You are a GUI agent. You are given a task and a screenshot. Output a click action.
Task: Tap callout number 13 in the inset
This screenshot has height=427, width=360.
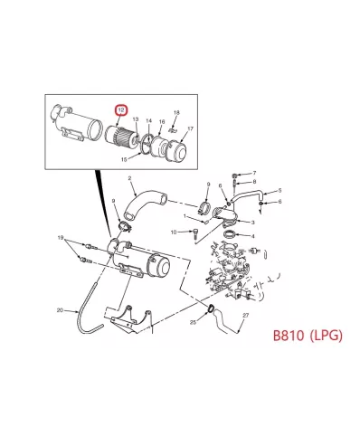(135, 119)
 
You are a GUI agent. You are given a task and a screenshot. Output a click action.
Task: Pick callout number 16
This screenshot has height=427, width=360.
(161, 120)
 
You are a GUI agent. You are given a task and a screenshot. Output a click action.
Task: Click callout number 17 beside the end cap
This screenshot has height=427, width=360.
(191, 129)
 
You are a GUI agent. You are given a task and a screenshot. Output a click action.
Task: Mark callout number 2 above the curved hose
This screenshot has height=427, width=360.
(131, 178)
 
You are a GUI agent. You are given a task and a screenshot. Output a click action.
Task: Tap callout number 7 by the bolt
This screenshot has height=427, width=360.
(254, 172)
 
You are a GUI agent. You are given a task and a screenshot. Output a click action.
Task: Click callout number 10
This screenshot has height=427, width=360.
(174, 232)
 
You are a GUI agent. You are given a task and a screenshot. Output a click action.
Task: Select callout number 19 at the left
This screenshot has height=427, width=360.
(61, 239)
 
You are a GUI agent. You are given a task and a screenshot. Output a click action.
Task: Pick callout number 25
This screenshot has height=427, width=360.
(194, 322)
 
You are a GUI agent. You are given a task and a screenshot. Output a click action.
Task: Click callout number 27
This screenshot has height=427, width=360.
(244, 315)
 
